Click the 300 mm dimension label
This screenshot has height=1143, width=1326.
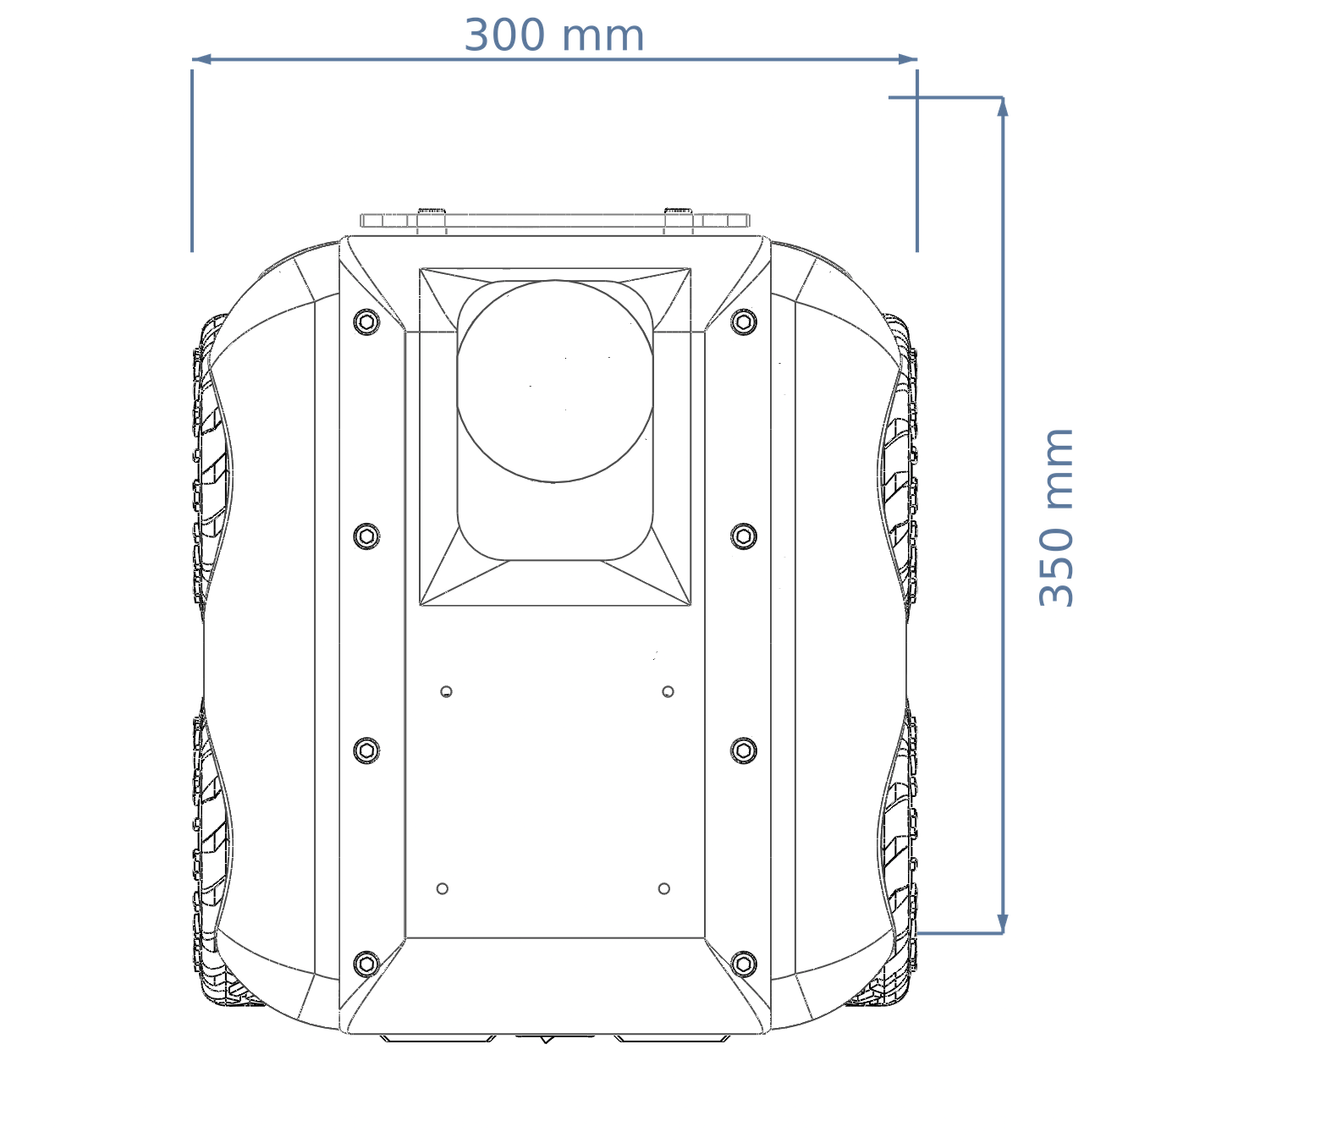[x=553, y=36]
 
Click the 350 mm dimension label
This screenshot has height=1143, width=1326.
[x=1056, y=517]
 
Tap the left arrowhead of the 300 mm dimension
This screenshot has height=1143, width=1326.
[x=201, y=60]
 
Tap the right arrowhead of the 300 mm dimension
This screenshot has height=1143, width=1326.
[x=908, y=60]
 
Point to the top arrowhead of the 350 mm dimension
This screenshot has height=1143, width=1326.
[x=1003, y=107]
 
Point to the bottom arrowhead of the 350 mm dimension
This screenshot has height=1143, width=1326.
[x=1003, y=923]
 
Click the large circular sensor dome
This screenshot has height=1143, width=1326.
[x=555, y=381]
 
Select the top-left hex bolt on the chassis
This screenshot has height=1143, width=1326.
[x=366, y=322]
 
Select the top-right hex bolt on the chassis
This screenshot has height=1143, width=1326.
[x=744, y=322]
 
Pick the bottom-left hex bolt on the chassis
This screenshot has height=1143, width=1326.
[x=366, y=964]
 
